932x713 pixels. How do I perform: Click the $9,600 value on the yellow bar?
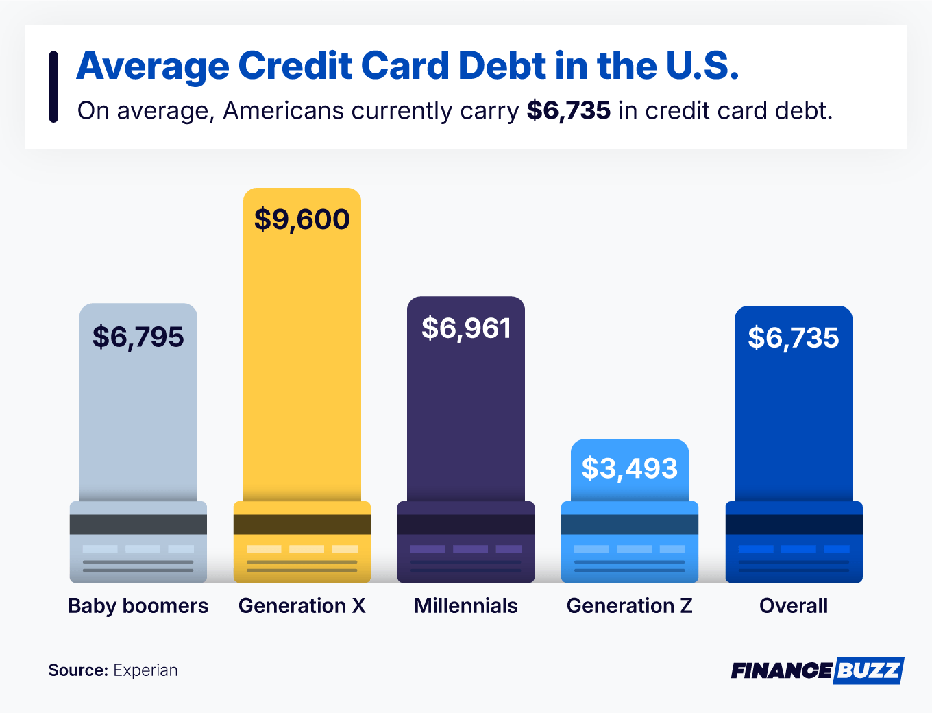tap(302, 219)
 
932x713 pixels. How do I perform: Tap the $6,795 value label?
tap(138, 337)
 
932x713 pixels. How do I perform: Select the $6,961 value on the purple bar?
tap(466, 328)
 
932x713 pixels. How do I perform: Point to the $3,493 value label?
tap(630, 468)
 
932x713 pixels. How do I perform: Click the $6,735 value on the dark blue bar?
tap(794, 338)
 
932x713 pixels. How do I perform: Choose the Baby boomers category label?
tap(138, 606)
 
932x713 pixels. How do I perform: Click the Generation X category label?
tap(302, 606)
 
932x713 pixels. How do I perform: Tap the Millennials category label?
tap(466, 606)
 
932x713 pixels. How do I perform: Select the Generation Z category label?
tap(630, 606)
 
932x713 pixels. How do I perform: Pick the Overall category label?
tap(794, 606)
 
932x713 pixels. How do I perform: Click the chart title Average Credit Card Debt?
tap(408, 66)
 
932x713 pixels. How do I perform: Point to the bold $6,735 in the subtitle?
tap(569, 111)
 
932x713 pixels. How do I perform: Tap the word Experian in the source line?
tap(145, 670)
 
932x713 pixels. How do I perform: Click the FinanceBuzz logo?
tap(817, 670)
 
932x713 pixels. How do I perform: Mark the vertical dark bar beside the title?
tap(53, 87)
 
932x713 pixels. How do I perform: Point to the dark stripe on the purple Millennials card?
tap(466, 524)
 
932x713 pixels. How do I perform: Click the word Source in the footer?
tap(77, 670)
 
